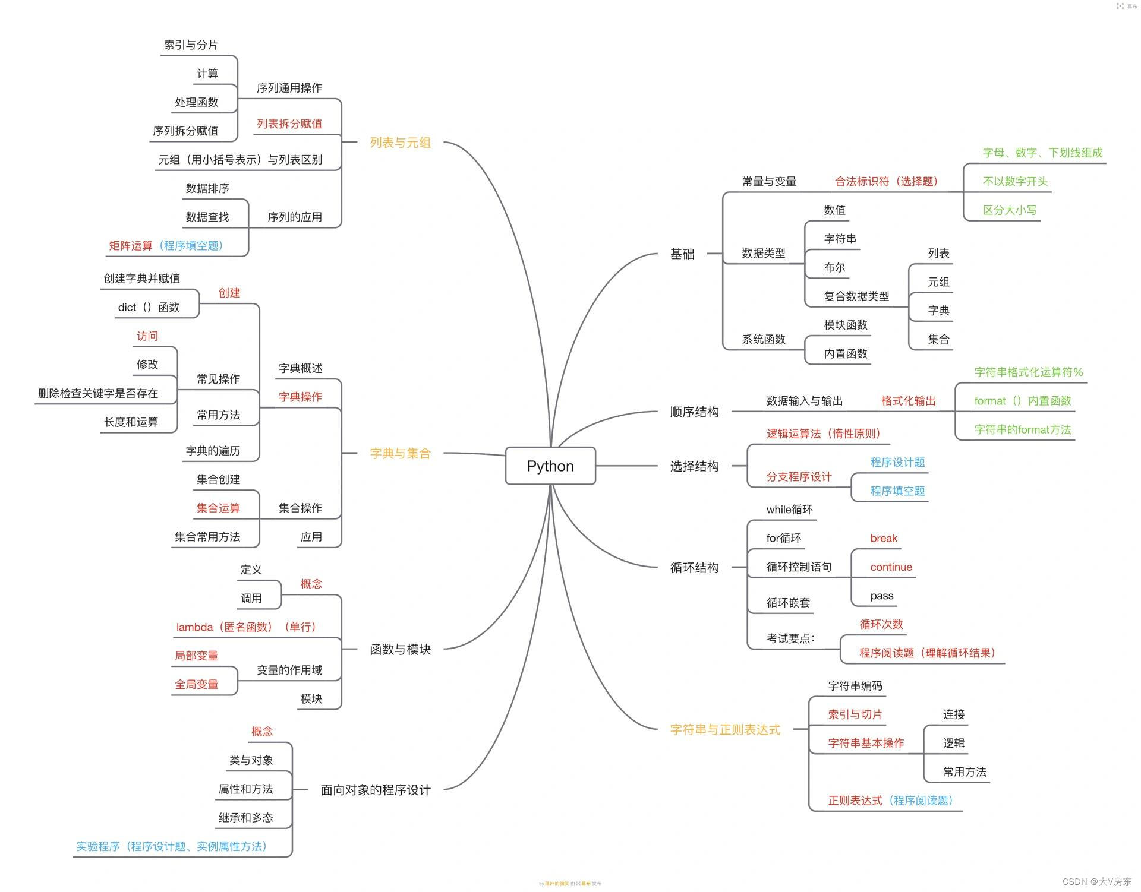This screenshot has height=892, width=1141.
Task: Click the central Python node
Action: pyautogui.click(x=550, y=466)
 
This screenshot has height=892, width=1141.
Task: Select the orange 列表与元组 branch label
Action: pyautogui.click(x=400, y=143)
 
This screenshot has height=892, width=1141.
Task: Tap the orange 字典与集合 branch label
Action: pyautogui.click(x=400, y=453)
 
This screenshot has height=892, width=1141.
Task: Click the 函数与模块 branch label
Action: pyautogui.click(x=400, y=649)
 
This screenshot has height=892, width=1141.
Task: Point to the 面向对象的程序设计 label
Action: pyautogui.click(x=375, y=790)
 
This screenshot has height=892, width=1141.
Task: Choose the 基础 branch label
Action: pyautogui.click(x=682, y=254)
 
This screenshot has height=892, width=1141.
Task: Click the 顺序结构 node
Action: pyautogui.click(x=694, y=412)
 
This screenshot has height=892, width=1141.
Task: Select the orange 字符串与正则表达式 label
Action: pyautogui.click(x=725, y=729)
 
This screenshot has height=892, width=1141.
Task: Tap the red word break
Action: pyautogui.click(x=884, y=538)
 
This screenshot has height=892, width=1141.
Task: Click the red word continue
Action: pyautogui.click(x=891, y=567)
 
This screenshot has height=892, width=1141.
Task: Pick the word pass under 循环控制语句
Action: pyautogui.click(x=881, y=596)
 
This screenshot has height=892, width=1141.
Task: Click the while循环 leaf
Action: pyautogui.click(x=789, y=510)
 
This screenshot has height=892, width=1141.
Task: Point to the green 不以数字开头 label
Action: pyautogui.click(x=1015, y=181)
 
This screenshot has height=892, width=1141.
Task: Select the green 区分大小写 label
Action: pyautogui.click(x=1010, y=210)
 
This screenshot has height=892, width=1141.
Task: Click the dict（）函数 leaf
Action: pyautogui.click(x=149, y=307)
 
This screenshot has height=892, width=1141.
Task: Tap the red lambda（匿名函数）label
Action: pyautogui.click(x=246, y=627)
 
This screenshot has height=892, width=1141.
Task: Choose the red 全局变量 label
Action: pyautogui.click(x=196, y=684)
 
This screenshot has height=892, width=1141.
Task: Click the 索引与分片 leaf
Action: pyautogui.click(x=191, y=45)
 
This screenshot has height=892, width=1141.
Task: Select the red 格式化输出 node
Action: pyautogui.click(x=908, y=401)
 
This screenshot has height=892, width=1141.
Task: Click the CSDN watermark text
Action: pyautogui.click(x=1096, y=881)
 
